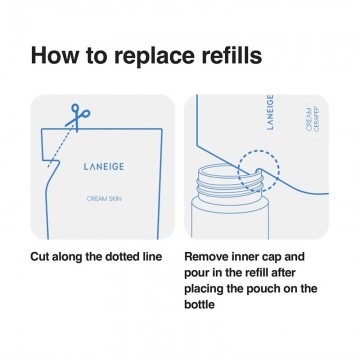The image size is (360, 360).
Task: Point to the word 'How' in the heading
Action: (x=56, y=54)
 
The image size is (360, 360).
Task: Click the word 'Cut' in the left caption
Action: (x=42, y=256)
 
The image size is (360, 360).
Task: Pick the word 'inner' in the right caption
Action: (x=251, y=256)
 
